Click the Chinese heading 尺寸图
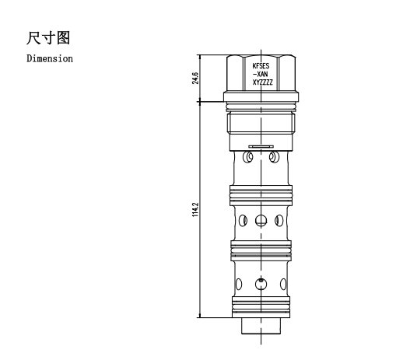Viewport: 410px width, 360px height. (x=48, y=38)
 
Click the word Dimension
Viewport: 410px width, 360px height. (x=50, y=58)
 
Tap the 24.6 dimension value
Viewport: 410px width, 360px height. (x=195, y=78)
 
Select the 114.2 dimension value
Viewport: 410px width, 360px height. (x=195, y=209)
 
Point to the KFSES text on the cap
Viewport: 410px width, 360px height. (x=261, y=66)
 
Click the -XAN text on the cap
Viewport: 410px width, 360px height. (x=261, y=74)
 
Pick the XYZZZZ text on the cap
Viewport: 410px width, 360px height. (x=262, y=82)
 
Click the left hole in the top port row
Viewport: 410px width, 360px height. (x=248, y=157)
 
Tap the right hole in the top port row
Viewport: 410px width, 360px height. (x=274, y=157)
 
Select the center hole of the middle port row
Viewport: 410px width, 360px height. (x=261, y=221)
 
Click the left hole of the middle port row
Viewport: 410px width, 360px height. (x=243, y=221)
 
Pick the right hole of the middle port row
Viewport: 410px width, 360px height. (x=279, y=221)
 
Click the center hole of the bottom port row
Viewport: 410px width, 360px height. (x=261, y=285)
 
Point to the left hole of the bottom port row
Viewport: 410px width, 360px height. (x=239, y=285)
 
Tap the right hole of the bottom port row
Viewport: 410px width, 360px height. (x=283, y=285)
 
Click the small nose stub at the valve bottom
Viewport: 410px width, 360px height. (x=261, y=326)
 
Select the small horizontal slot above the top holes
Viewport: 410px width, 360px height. (x=261, y=146)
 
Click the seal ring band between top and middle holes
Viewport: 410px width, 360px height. (x=261, y=195)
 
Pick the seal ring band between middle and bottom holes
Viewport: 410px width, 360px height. (x=261, y=250)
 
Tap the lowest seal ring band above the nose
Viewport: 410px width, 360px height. (x=261, y=307)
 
